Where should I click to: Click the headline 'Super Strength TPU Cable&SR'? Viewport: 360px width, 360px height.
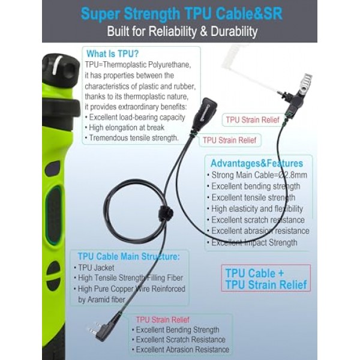(x=181, y=14)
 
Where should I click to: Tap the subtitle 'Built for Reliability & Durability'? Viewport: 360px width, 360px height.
(x=182, y=31)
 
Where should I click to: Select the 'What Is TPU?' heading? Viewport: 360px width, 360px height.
(x=113, y=54)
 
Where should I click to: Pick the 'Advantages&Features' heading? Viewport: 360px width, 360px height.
(x=257, y=163)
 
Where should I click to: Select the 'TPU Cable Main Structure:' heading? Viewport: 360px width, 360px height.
(x=129, y=256)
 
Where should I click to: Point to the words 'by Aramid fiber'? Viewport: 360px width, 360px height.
(x=102, y=299)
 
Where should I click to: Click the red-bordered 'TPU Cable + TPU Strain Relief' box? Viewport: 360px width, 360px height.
(x=266, y=278)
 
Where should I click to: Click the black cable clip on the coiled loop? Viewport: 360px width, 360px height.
(x=166, y=212)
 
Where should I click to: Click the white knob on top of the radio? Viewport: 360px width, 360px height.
(x=58, y=65)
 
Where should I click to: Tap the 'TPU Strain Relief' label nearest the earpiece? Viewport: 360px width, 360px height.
(x=253, y=120)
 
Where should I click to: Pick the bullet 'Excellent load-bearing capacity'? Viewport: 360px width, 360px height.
(x=135, y=118)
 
